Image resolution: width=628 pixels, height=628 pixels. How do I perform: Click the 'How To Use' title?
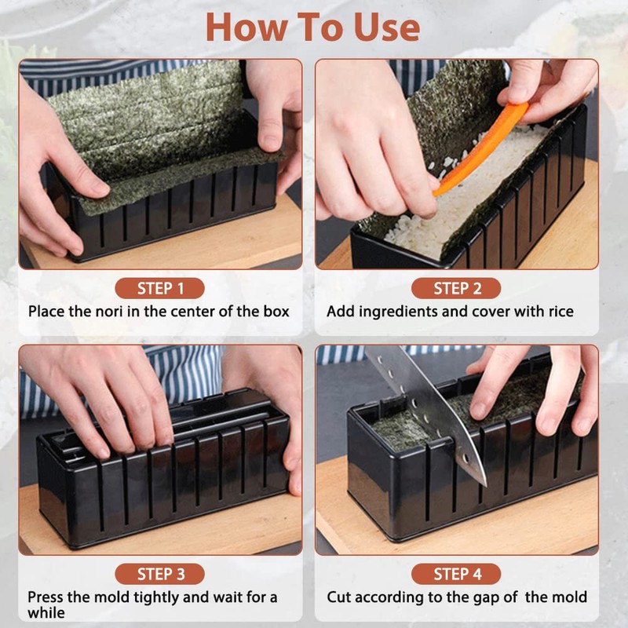(x=312, y=27)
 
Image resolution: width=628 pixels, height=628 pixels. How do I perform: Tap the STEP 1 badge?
(x=160, y=288)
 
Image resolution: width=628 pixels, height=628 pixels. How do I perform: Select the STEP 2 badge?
(x=456, y=288)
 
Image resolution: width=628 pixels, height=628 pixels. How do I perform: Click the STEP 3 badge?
(x=160, y=574)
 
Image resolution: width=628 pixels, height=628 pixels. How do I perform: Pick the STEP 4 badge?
(x=456, y=574)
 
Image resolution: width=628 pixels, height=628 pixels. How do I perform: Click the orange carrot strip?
(x=480, y=148)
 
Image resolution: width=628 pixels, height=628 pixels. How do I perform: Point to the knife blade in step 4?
(x=429, y=413)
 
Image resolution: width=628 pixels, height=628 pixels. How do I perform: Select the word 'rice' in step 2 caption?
(x=560, y=312)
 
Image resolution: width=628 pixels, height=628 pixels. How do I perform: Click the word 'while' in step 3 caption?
(x=46, y=613)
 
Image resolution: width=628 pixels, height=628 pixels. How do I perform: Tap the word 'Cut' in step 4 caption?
(x=339, y=597)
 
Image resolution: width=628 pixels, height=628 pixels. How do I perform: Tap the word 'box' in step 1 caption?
(x=276, y=312)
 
